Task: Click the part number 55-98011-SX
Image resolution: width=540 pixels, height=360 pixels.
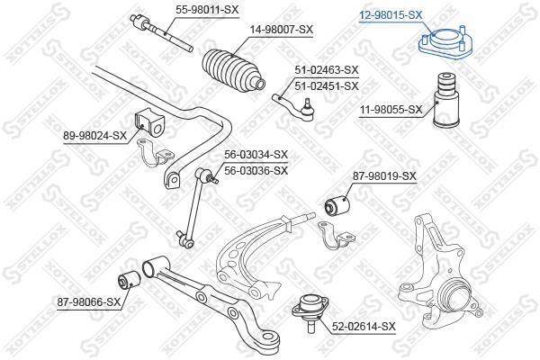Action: [207, 9]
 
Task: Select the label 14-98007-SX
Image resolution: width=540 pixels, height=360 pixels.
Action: [282, 30]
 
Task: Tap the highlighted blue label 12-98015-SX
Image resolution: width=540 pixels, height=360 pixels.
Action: [391, 14]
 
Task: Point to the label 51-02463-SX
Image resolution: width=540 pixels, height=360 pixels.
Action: [327, 70]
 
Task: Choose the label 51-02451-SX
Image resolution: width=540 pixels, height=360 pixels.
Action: [327, 86]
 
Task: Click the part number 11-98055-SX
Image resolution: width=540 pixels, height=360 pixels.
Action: [391, 110]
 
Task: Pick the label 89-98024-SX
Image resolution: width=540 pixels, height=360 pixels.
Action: [95, 136]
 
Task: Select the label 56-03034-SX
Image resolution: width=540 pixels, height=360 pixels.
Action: [256, 155]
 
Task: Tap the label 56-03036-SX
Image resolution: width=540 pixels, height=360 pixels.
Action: [256, 170]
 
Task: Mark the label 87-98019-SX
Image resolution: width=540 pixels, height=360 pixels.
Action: [384, 176]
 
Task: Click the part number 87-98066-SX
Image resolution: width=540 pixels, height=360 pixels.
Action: [89, 302]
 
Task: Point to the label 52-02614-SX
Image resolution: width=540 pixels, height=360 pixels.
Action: [364, 326]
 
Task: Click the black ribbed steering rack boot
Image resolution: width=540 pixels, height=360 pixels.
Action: [233, 72]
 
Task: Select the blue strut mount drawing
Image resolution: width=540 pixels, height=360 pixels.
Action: [445, 44]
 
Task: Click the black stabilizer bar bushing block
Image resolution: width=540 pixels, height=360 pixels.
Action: [148, 122]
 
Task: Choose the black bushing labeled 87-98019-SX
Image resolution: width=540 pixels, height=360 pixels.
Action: [337, 204]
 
